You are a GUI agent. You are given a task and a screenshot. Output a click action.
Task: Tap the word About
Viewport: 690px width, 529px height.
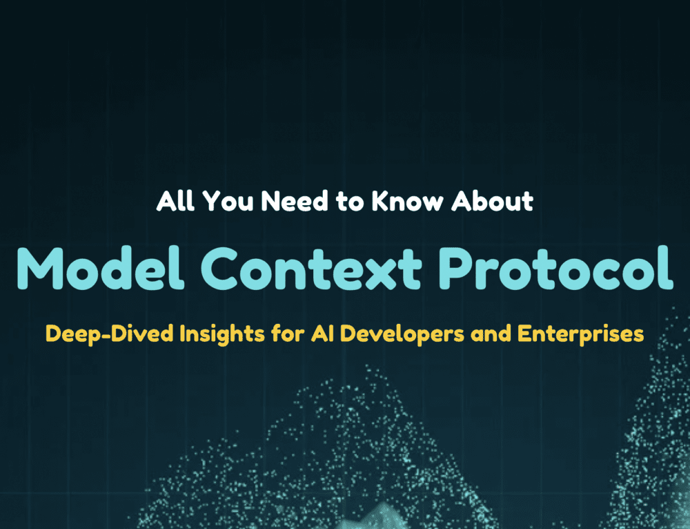493,201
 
